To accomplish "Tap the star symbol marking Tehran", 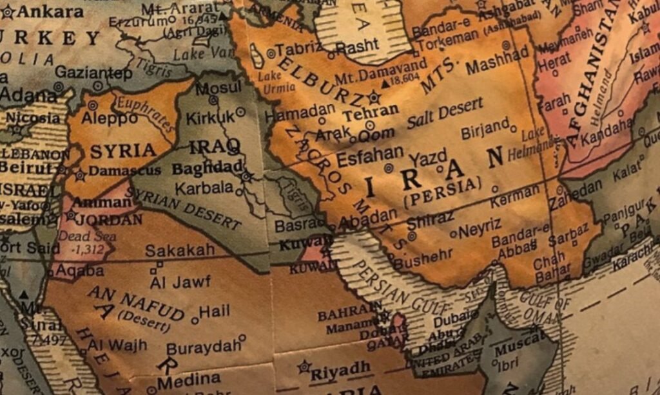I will pyautogui.click(x=374, y=98).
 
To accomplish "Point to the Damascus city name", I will pyautogui.click(x=124, y=171).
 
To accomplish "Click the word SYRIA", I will pyautogui.click(x=122, y=151).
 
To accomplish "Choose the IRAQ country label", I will pyautogui.click(x=215, y=147).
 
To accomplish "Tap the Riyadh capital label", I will pyautogui.click(x=341, y=370).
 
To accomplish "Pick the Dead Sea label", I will pyautogui.click(x=79, y=236).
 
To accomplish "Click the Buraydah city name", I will pyautogui.click(x=203, y=347).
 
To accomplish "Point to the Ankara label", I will pyautogui.click(x=50, y=12).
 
